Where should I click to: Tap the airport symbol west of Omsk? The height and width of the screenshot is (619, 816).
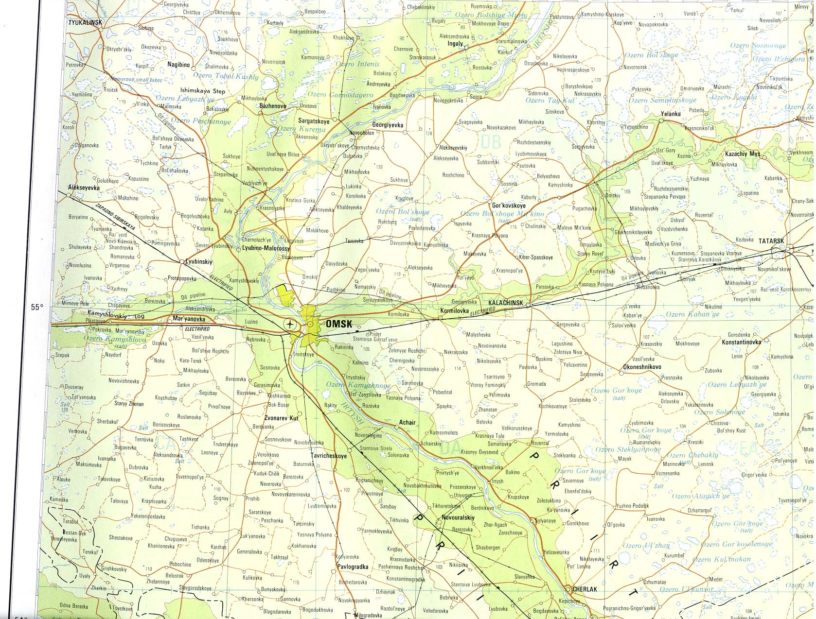tap(290, 324)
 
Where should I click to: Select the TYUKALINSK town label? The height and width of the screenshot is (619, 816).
tap(84, 22)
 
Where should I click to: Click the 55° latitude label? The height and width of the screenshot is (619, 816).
tap(37, 307)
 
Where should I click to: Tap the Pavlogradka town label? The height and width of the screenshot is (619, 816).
tap(353, 567)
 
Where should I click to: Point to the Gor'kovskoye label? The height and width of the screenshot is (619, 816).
tap(509, 206)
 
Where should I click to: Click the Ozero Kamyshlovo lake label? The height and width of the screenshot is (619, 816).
tap(115, 339)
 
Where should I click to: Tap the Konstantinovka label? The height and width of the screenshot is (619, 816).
tap(741, 342)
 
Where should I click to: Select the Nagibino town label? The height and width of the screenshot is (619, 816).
tap(178, 64)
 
